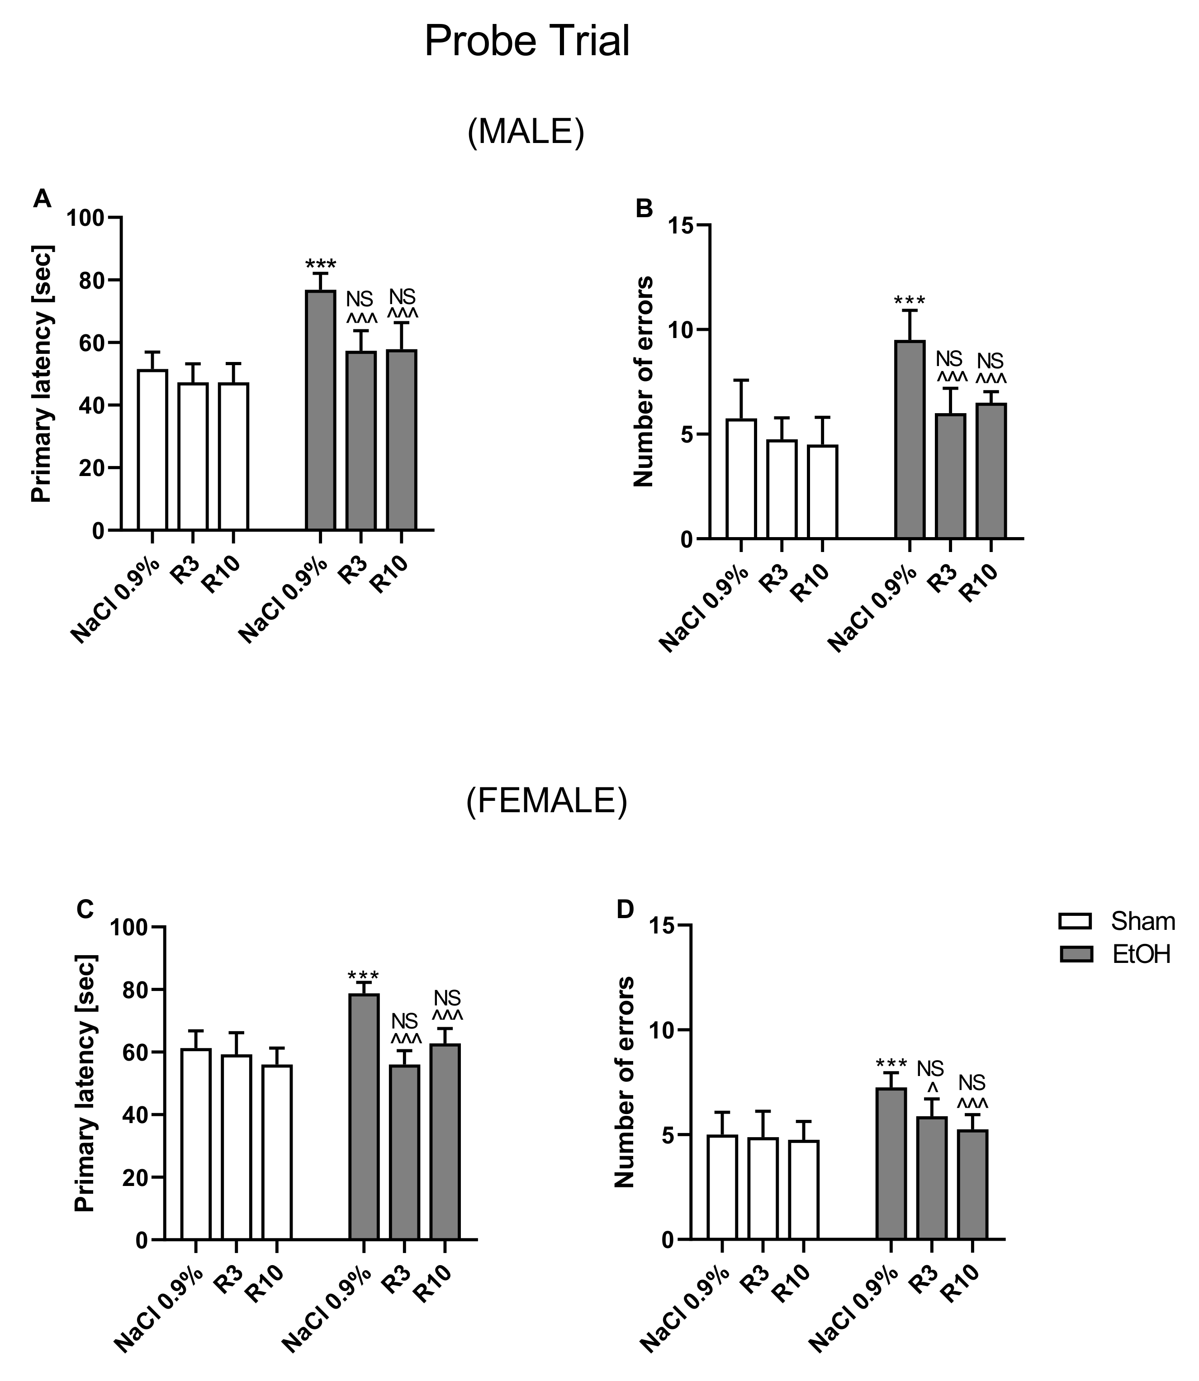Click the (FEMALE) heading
tap(547, 801)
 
